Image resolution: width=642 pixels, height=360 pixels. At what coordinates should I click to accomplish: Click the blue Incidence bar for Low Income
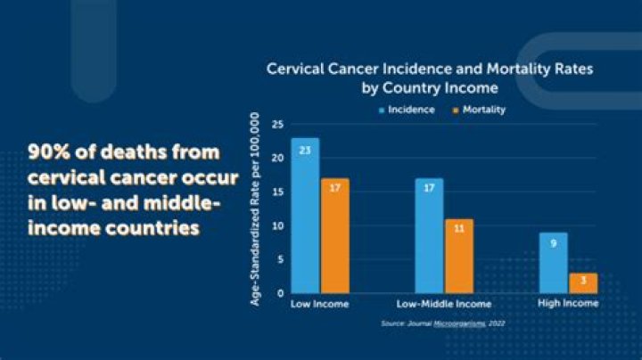[x=305, y=216]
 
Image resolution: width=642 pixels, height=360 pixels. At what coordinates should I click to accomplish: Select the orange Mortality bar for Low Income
[x=335, y=235]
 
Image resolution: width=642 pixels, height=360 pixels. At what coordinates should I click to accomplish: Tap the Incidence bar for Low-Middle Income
[x=429, y=235]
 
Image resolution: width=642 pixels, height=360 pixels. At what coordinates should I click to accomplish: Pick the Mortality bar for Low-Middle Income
[x=459, y=256]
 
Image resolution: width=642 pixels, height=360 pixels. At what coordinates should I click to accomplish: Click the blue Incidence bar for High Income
[x=554, y=263]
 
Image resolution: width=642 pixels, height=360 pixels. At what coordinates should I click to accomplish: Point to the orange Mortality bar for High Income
[x=583, y=283]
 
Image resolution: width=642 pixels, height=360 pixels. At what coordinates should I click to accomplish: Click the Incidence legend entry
[x=407, y=110]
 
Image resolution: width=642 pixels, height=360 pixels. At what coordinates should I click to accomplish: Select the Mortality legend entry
[x=480, y=110]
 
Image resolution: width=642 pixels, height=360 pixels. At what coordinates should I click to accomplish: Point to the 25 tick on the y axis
[x=277, y=125]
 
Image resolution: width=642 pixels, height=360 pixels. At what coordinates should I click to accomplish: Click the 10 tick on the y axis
[x=277, y=225]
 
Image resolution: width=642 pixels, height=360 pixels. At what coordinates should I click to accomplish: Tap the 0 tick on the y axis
[x=280, y=293]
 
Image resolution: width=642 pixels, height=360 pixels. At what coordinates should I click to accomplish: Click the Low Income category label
[x=320, y=304]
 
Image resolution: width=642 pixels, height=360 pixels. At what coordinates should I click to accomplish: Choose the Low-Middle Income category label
[x=444, y=304]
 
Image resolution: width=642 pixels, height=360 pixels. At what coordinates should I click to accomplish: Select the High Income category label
[x=568, y=303]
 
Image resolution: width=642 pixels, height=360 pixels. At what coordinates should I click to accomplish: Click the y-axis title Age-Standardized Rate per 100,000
[x=255, y=209]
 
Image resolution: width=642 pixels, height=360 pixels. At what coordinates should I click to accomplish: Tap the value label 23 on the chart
[x=305, y=151]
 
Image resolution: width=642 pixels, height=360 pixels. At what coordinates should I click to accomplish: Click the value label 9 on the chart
[x=554, y=243]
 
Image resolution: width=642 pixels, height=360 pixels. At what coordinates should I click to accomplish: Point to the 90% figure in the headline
[x=49, y=152]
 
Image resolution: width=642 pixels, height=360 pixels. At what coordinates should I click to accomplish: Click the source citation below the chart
[x=443, y=323]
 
